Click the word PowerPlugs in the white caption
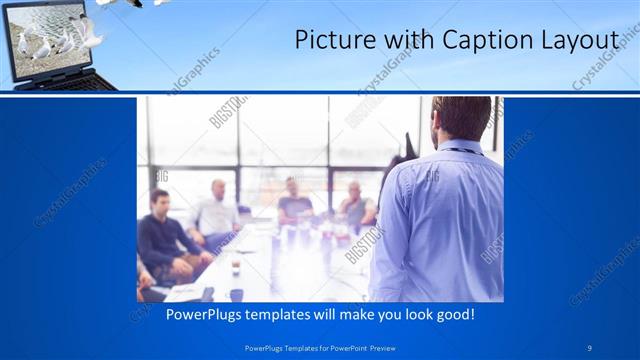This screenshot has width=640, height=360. (188, 314)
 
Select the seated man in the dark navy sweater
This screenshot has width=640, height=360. (160, 235)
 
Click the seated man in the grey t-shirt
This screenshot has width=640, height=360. (296, 200)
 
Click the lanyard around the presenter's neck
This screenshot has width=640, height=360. (460, 150)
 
